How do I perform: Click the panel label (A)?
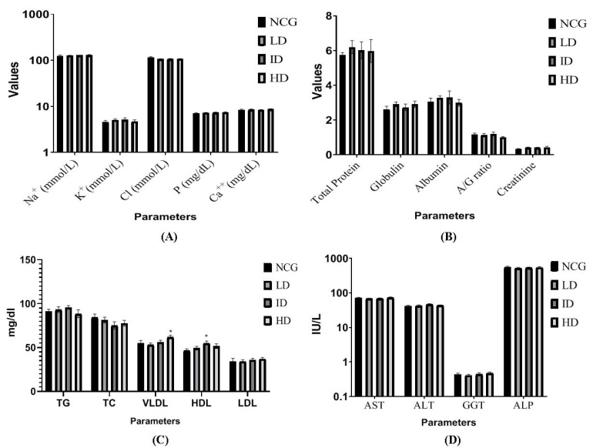point(169,239)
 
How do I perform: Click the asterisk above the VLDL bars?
point(170,333)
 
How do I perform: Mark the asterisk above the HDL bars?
point(206,336)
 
